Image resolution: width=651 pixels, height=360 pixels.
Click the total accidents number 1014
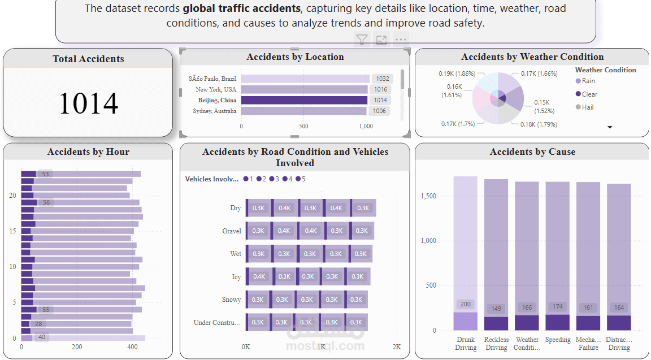pyautogui.click(x=88, y=103)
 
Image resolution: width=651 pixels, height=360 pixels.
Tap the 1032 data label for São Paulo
pyautogui.click(x=383, y=79)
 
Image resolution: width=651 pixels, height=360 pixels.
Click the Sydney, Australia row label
pyautogui.click(x=215, y=111)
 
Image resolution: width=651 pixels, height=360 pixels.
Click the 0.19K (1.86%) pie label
pyautogui.click(x=457, y=73)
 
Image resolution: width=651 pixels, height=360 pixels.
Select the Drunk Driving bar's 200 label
pyautogui.click(x=465, y=304)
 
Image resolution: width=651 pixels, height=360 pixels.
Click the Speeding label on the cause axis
pyautogui.click(x=558, y=340)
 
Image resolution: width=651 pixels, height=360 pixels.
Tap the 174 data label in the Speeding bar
pyautogui.click(x=558, y=306)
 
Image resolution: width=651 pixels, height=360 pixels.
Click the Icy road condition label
pyautogui.click(x=236, y=277)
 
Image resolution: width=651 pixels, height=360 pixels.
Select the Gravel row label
pyautogui.click(x=232, y=231)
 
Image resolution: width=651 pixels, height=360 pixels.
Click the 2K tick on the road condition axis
pyautogui.click(x=397, y=346)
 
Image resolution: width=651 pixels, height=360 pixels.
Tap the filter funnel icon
pyautogui.click(x=362, y=40)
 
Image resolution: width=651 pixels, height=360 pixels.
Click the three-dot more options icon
pyautogui.click(x=401, y=40)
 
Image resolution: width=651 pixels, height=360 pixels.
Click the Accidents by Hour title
pyautogui.click(x=88, y=151)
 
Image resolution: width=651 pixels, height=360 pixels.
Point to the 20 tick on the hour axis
pyautogui.click(x=13, y=196)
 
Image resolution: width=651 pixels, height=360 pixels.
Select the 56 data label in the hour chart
pyautogui.click(x=46, y=202)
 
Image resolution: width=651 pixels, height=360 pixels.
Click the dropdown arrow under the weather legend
pyautogui.click(x=610, y=127)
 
